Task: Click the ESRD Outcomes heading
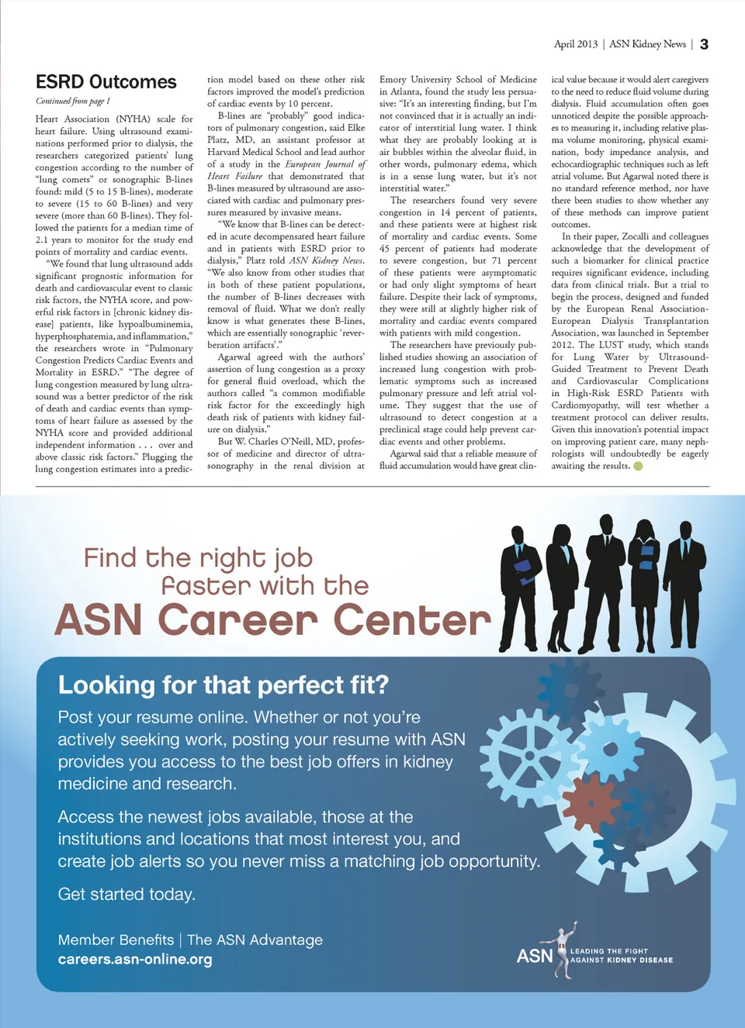click(106, 82)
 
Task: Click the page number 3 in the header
click(704, 44)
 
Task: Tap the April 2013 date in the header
click(575, 44)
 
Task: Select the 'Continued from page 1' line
click(73, 101)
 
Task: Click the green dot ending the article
click(638, 466)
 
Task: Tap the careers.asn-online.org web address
click(135, 959)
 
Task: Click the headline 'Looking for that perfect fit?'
click(223, 685)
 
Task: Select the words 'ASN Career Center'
click(272, 621)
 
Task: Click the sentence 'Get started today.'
click(126, 894)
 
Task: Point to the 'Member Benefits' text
click(116, 940)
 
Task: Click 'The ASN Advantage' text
click(255, 940)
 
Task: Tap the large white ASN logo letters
click(535, 955)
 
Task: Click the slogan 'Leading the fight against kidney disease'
click(622, 955)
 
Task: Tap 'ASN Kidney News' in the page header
click(647, 44)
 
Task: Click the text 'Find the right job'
click(198, 557)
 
